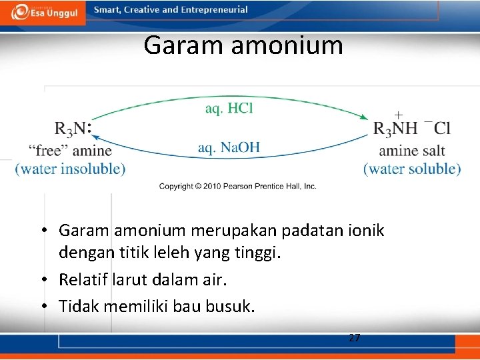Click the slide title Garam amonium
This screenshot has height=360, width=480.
pyautogui.click(x=243, y=45)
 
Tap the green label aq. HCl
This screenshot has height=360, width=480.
pyautogui.click(x=229, y=108)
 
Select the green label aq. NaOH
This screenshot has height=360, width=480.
pyautogui.click(x=229, y=147)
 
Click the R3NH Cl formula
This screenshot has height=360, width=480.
pyautogui.click(x=412, y=128)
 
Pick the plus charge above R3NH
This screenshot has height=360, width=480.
pyautogui.click(x=399, y=114)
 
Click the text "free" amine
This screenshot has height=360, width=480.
pyautogui.click(x=70, y=150)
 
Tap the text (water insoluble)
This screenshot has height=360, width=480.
pyautogui.click(x=70, y=169)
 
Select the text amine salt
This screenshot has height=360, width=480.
pyautogui.click(x=412, y=150)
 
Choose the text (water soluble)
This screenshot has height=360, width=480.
pyautogui.click(x=412, y=169)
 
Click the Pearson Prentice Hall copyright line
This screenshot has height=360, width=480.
pyautogui.click(x=237, y=187)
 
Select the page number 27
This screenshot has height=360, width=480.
pyautogui.click(x=355, y=338)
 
